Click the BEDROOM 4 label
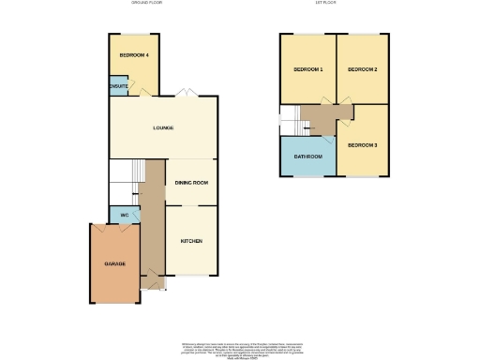(x=134, y=56)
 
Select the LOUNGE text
(x=163, y=127)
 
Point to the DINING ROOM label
(x=190, y=182)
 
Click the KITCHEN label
(x=190, y=241)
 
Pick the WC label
(x=124, y=216)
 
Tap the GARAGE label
(x=114, y=263)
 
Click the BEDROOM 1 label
(x=307, y=70)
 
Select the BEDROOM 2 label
(x=362, y=70)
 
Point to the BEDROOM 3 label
(x=362, y=145)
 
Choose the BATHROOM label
(x=307, y=156)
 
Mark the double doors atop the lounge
(x=187, y=93)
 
